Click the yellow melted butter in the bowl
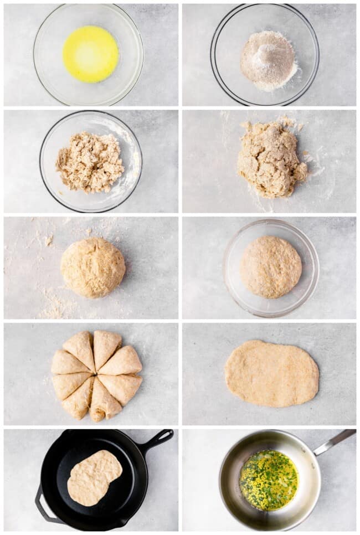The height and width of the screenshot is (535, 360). (90, 54)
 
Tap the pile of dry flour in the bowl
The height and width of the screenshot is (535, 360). (268, 60)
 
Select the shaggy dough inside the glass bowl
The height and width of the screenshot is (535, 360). (90, 162)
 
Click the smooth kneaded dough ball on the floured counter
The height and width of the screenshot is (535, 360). (92, 267)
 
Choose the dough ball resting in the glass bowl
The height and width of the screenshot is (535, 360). (271, 267)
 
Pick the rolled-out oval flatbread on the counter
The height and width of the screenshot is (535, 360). (271, 373)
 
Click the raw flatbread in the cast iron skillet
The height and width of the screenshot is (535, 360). (94, 477)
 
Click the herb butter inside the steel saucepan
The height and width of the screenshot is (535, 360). (269, 480)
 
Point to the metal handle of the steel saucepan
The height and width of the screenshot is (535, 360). (334, 441)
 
